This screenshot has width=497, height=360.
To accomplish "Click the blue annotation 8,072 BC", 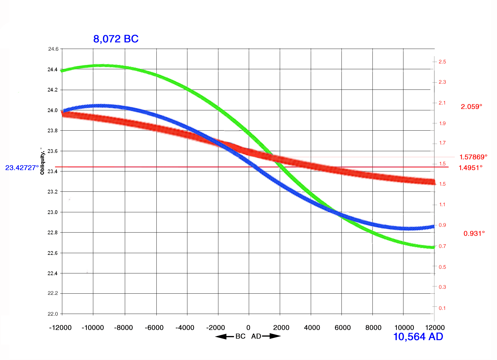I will (116, 39).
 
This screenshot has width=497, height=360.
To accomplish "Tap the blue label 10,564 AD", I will (418, 337).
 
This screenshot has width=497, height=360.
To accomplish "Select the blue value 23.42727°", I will (22, 168).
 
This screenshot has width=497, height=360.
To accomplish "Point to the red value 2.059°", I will (472, 107).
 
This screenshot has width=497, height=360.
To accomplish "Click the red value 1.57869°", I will (473, 157).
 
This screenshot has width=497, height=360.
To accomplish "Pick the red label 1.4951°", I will (471, 168).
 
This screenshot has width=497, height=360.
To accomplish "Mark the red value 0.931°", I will (474, 233).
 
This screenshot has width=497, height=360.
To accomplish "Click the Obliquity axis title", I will (42, 161).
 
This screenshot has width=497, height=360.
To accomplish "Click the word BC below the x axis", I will (240, 336).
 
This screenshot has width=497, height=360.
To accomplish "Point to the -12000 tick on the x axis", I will (60, 328).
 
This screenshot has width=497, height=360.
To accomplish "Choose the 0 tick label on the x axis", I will (248, 328).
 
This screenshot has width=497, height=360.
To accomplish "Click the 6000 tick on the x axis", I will (343, 328).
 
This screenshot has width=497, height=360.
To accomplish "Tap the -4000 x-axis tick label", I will (185, 328).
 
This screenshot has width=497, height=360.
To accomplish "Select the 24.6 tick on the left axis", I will (53, 49).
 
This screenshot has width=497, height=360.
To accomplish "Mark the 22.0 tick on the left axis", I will (53, 314).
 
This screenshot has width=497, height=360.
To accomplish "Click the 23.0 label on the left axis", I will (53, 212).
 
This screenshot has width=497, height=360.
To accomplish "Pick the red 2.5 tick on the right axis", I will (442, 62).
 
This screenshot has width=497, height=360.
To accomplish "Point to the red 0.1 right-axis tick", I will (442, 308).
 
